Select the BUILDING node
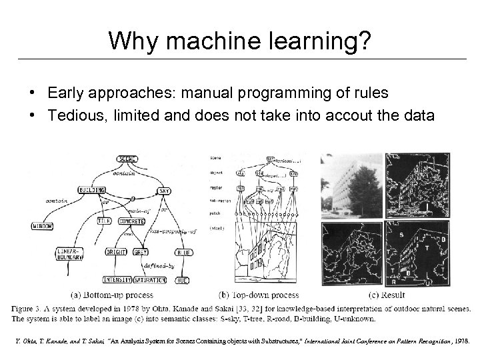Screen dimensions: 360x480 [93, 190]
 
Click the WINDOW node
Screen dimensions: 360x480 [43, 227]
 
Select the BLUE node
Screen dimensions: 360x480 [183, 253]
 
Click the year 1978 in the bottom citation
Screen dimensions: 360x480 [461, 341]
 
